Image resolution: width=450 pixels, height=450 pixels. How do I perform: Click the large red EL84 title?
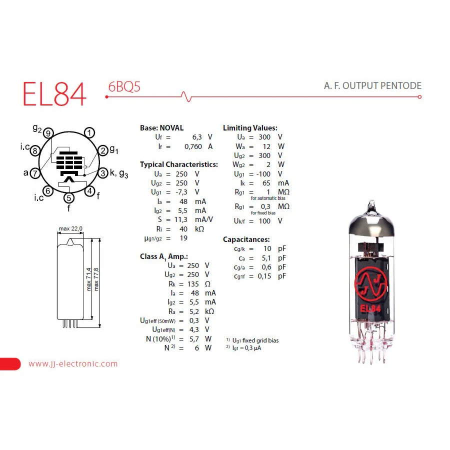[54, 93]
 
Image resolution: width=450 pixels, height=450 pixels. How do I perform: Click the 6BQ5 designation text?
[124, 86]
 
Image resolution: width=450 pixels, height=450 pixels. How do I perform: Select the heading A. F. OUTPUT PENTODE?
[372, 85]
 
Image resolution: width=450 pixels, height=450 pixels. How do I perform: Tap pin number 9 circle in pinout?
[48, 133]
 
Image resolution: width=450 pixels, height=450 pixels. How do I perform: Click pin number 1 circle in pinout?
[89, 132]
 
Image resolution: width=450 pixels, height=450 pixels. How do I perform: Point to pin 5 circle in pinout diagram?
[69, 197]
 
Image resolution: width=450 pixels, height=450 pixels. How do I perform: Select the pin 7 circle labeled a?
[35, 173]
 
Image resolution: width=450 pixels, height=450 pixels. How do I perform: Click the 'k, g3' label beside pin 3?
[119, 173]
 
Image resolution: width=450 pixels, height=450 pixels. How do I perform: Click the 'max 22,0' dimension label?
[70, 228]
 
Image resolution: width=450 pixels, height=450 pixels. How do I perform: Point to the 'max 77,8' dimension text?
[96, 279]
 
